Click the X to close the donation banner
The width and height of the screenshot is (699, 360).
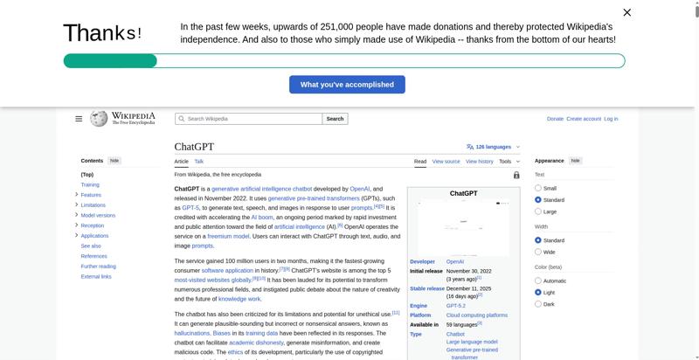pos(626,12)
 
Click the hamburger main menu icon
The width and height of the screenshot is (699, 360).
pos(79,119)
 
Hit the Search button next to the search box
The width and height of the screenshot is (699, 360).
pos(335,119)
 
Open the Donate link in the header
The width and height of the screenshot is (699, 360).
pos(555,119)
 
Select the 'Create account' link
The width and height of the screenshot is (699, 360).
pos(584,119)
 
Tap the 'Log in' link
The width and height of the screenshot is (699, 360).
pos(611,119)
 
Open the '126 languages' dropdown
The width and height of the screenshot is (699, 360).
pos(494,147)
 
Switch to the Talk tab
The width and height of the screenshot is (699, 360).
pos(199,162)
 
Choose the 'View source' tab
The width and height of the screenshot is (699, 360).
pos(446,162)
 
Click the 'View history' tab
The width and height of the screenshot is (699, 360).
pos(480,162)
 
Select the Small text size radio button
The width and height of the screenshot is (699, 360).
pos(538,188)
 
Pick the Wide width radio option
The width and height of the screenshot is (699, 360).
pos(538,252)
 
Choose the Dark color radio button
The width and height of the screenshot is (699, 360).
pos(538,304)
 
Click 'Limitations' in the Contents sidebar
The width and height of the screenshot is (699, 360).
pos(93,205)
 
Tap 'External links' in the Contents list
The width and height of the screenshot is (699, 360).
pos(96,277)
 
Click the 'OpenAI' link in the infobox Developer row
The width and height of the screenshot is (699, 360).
pos(455,261)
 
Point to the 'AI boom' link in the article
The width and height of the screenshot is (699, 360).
pos(262,217)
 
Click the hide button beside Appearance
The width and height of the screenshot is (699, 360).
pos(575,161)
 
